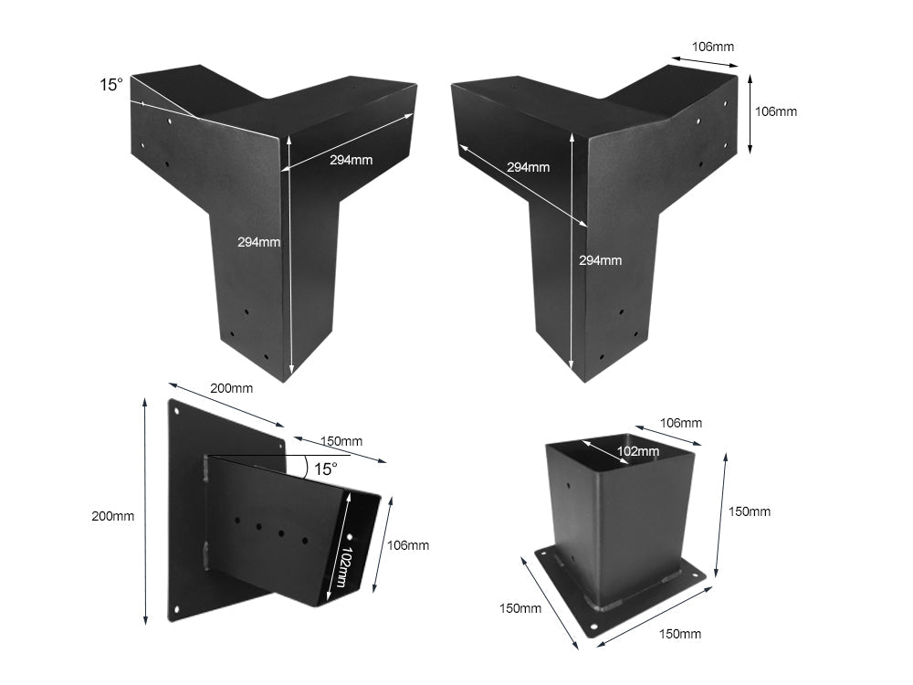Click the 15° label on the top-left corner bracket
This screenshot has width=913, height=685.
110,85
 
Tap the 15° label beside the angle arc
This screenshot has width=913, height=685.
325,469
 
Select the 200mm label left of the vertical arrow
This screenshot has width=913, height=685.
113,516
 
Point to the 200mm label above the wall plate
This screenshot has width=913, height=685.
231,388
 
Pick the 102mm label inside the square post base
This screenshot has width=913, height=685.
637,451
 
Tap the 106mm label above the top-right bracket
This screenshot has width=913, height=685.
713,47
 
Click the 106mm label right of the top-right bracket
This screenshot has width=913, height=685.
775,111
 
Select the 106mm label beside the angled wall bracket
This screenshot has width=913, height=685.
407,545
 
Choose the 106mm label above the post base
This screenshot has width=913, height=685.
681,423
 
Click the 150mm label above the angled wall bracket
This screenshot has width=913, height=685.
341,442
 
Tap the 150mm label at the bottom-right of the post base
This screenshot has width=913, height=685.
679,633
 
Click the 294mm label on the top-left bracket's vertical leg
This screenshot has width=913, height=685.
258,242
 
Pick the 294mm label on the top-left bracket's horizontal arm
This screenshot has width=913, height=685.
351,160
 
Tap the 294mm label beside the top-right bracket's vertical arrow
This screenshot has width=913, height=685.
600,260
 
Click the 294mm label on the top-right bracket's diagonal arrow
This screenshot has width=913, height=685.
528,167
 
